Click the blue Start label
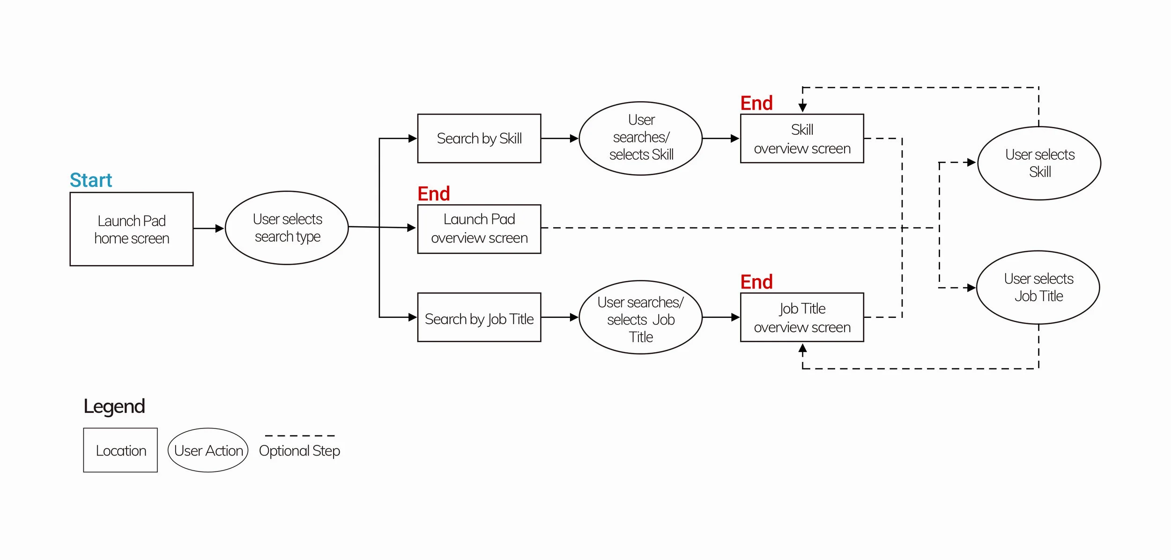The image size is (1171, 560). pyautogui.click(x=91, y=180)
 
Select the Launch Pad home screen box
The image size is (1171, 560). pyautogui.click(x=132, y=229)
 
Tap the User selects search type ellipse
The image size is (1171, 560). pyautogui.click(x=287, y=228)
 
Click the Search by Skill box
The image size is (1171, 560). pyautogui.click(x=479, y=139)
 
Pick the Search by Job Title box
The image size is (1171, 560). pyautogui.click(x=479, y=318)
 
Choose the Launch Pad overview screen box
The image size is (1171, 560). pyautogui.click(x=479, y=229)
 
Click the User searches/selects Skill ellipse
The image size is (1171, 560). pyautogui.click(x=641, y=138)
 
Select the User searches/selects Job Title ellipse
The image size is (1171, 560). pyautogui.click(x=641, y=318)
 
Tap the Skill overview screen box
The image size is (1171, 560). pyautogui.click(x=802, y=139)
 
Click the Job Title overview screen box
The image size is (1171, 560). pyautogui.click(x=802, y=318)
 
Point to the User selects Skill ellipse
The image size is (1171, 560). pyautogui.click(x=1039, y=163)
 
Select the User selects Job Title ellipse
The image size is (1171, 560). pyautogui.click(x=1038, y=287)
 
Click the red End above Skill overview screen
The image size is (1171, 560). pyautogui.click(x=756, y=103)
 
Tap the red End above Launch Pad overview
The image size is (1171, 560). pyautogui.click(x=434, y=194)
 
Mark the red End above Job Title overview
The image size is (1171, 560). pyautogui.click(x=756, y=282)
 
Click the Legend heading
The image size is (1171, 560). pyautogui.click(x=114, y=406)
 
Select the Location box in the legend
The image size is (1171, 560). pyautogui.click(x=120, y=450)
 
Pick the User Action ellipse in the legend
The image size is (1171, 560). pyautogui.click(x=208, y=450)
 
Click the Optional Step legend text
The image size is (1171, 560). pyautogui.click(x=299, y=451)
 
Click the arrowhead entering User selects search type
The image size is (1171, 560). pyautogui.click(x=220, y=228)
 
